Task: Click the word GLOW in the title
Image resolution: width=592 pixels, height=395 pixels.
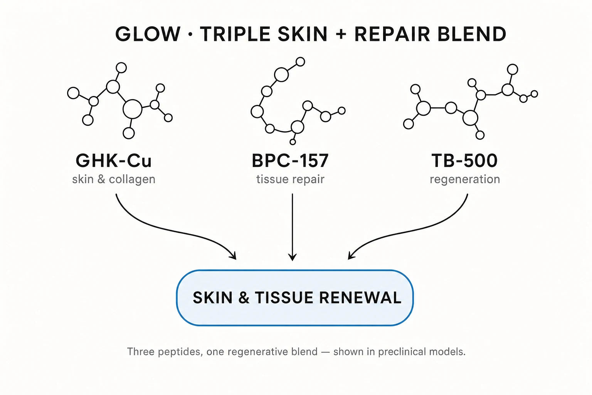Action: pyautogui.click(x=148, y=34)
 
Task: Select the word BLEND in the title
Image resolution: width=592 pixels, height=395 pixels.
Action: pyautogui.click(x=472, y=34)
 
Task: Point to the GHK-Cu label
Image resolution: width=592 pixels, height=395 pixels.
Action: pyautogui.click(x=114, y=160)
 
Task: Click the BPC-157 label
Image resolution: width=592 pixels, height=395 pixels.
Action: pyautogui.click(x=290, y=160)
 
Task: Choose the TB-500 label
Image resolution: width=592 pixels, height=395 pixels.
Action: pyautogui.click(x=464, y=160)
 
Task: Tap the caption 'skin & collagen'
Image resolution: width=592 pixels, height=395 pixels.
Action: pyautogui.click(x=114, y=179)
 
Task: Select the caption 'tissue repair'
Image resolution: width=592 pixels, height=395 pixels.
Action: pyautogui.click(x=290, y=179)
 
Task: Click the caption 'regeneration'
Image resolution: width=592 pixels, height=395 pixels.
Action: pyautogui.click(x=465, y=180)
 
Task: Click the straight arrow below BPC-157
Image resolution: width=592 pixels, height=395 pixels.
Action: pyautogui.click(x=292, y=227)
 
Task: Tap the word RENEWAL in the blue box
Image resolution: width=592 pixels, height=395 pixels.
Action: pyautogui.click(x=360, y=298)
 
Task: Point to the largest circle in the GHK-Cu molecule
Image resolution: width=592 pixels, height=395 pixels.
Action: pyautogui.click(x=133, y=109)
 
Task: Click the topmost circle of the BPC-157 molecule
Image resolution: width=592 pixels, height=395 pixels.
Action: pyautogui.click(x=300, y=62)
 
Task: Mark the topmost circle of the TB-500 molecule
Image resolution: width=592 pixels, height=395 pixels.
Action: pyautogui.click(x=513, y=69)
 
